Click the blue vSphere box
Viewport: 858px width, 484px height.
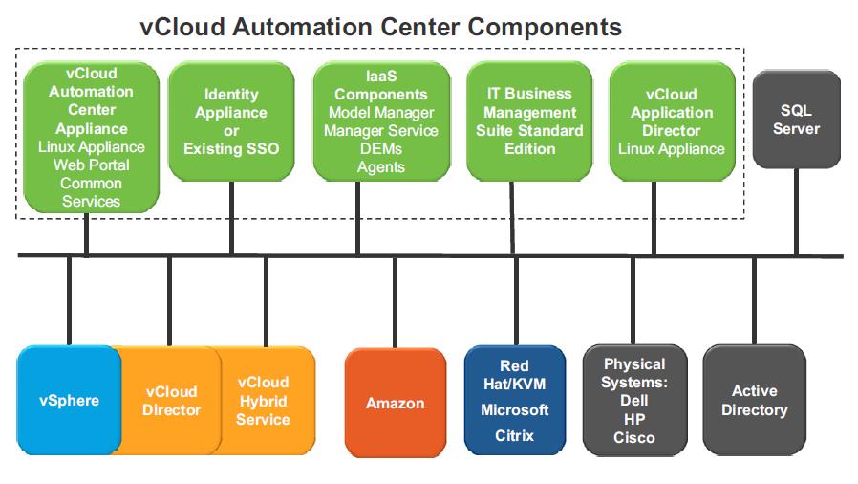click(69, 400)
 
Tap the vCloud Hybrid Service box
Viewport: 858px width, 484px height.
click(263, 401)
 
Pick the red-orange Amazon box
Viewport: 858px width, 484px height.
click(395, 403)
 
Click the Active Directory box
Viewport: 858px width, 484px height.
click(755, 400)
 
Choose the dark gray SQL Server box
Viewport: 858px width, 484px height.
click(796, 120)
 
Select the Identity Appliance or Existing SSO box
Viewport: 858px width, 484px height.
click(231, 121)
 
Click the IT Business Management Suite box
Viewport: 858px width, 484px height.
click(529, 121)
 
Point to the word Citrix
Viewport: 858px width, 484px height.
click(514, 436)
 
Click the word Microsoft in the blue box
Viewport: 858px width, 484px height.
click(514, 410)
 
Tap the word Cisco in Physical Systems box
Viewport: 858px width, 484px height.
click(634, 437)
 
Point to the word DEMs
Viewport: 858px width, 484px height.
click(381, 149)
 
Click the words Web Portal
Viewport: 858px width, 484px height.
click(92, 165)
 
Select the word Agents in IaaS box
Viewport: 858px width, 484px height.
click(381, 167)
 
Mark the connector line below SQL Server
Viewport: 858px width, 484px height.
click(796, 212)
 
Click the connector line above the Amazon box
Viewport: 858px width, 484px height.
click(395, 303)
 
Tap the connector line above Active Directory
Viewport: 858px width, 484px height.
click(754, 301)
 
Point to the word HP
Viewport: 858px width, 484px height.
click(634, 419)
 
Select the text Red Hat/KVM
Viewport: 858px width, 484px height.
click(514, 375)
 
